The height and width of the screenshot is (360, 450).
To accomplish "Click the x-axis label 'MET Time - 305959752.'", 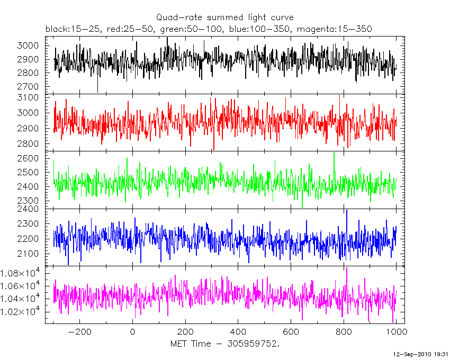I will coord(225,344).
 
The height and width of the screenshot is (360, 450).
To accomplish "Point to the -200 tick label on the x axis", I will coord(79,332).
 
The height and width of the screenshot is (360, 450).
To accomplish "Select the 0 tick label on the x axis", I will coord(132,332).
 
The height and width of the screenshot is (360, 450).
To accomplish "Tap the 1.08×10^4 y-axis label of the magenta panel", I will coord(26,274).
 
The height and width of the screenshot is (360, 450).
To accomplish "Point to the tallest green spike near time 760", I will coord(334,154).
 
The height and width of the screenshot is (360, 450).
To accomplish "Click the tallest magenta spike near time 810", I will coord(347,268).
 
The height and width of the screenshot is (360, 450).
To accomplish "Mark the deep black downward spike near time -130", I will coord(97,91).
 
